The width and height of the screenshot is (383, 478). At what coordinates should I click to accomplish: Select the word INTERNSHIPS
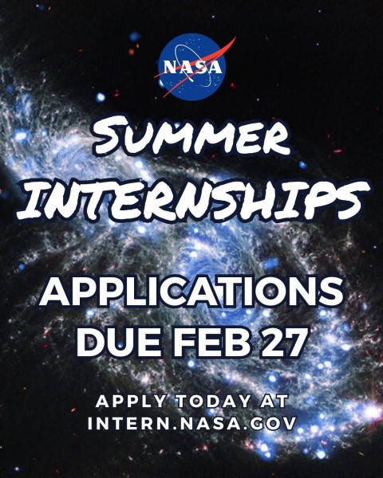(x=191, y=200)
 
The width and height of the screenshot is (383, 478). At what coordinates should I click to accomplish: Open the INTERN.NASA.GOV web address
(x=191, y=424)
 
